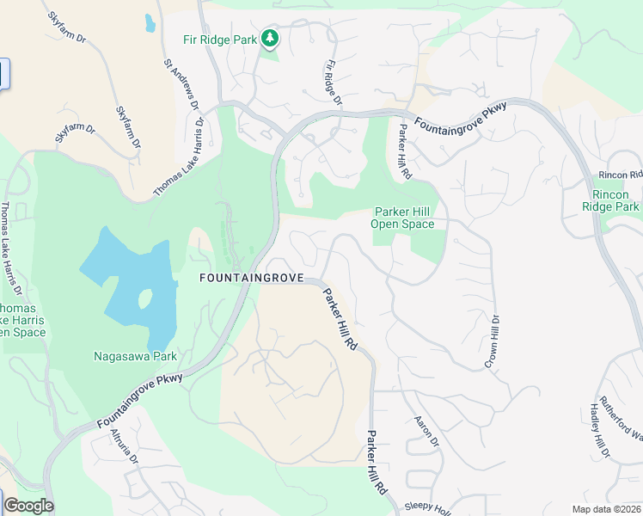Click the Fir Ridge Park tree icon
click(271, 38)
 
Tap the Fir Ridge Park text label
click(221, 39)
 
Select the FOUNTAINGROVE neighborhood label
click(252, 279)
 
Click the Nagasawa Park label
click(135, 355)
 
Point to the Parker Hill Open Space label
click(402, 218)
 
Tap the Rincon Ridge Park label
click(610, 200)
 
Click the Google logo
click(28, 506)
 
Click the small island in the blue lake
click(144, 299)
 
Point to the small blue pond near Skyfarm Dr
click(150, 22)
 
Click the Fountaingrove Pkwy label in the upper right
click(461, 117)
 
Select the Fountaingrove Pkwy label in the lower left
click(140, 401)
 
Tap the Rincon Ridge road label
click(620, 175)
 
